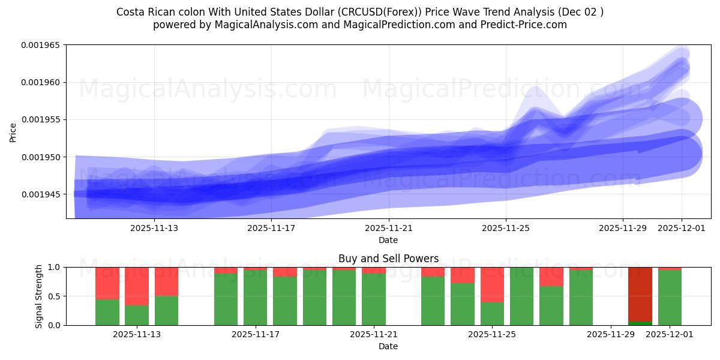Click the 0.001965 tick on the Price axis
(x=43, y=45)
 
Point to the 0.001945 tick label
(x=43, y=194)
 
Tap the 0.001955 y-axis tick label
(x=43, y=120)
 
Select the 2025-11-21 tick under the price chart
(x=389, y=228)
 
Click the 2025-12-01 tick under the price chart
(x=682, y=228)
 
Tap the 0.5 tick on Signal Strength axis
(x=55, y=296)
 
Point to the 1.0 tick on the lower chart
(x=55, y=267)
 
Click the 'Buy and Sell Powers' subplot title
(x=388, y=259)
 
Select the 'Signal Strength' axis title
(x=39, y=296)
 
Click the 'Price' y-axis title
(x=13, y=131)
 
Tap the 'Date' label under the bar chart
(x=388, y=346)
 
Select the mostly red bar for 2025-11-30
(x=640, y=294)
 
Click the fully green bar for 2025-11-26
(x=522, y=296)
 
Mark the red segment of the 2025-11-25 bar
(x=492, y=284)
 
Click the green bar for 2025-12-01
(x=670, y=298)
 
